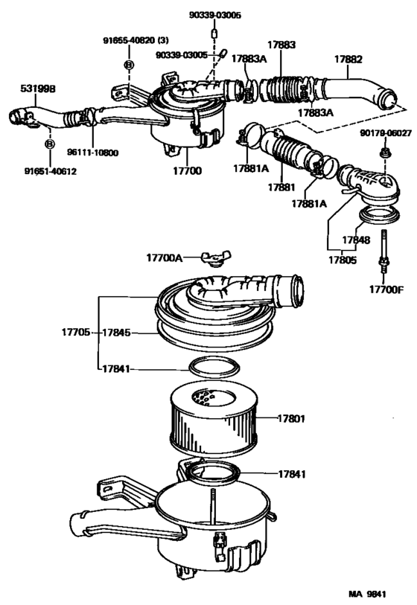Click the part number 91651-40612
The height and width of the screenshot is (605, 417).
click(49, 170)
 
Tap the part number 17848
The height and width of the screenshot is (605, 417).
click(355, 240)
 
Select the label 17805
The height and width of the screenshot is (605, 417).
click(342, 260)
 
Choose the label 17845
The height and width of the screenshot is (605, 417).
click(117, 333)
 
